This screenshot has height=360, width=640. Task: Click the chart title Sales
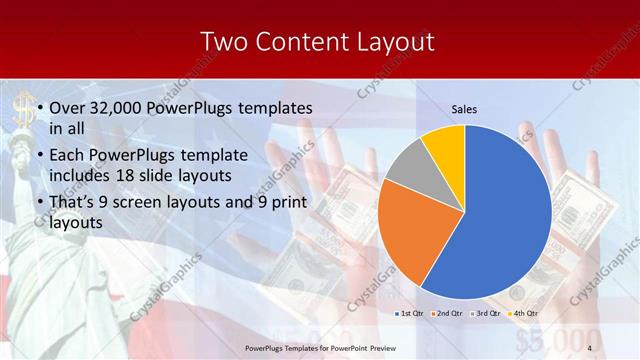tap(464, 107)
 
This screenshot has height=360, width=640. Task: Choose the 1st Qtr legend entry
tap(408, 313)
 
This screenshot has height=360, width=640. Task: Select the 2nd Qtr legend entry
tap(445, 313)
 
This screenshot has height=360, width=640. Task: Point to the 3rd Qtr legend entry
tap(482, 313)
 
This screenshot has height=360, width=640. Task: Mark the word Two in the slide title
tap(222, 41)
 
